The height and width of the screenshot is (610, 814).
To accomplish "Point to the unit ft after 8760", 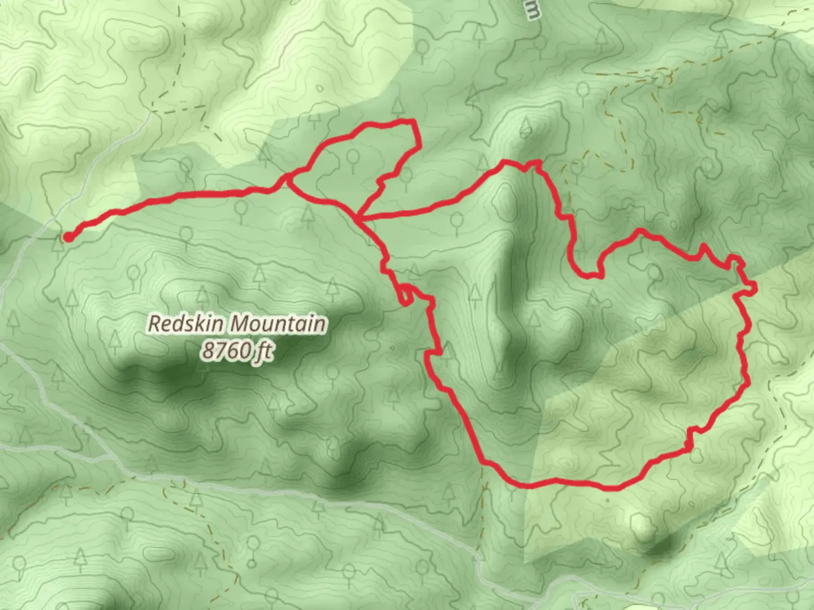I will (x=263, y=351).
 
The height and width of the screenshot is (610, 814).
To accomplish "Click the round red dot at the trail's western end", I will (x=68, y=237).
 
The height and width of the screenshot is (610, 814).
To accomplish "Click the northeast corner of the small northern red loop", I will (x=415, y=122).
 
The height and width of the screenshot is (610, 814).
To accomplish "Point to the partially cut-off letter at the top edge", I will (x=532, y=10).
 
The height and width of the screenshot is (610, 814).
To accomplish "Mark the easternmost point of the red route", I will (x=755, y=288).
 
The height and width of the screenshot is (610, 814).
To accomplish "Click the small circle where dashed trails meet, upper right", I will (x=659, y=78).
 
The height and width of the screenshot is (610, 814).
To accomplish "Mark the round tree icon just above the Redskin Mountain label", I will (x=133, y=274).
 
